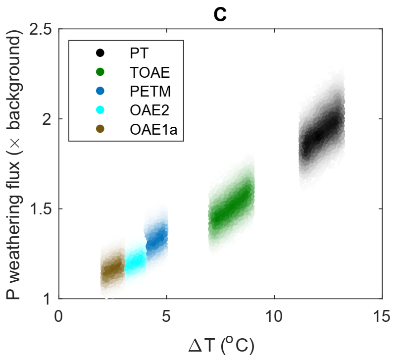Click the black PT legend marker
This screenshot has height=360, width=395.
100,53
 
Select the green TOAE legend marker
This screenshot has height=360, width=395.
100,72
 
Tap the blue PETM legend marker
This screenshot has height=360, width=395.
100,91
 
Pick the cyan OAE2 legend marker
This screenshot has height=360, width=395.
100,109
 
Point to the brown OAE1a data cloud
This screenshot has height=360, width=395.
112,270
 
